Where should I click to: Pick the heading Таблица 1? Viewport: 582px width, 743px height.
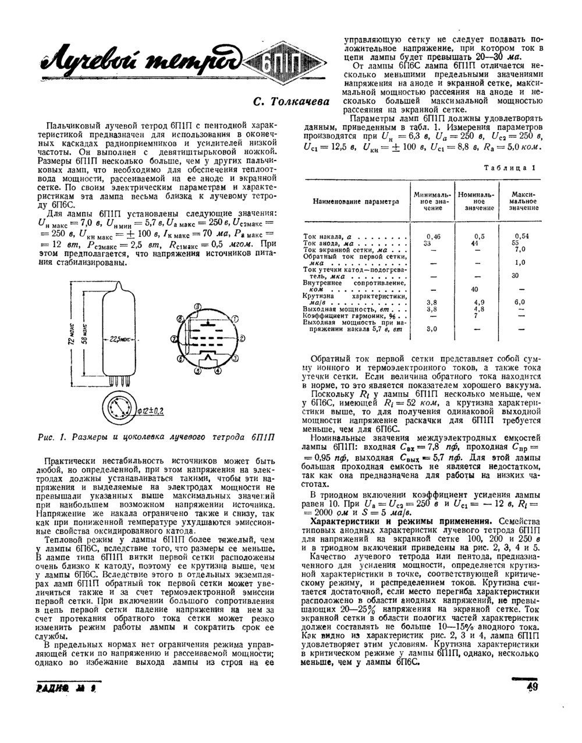pyautogui.click(x=510, y=167)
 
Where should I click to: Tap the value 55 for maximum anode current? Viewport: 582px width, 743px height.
pyautogui.click(x=514, y=242)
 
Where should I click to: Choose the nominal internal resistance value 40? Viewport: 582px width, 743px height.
pyautogui.click(x=474, y=289)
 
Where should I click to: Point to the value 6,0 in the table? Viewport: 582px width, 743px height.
pyautogui.click(x=519, y=302)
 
